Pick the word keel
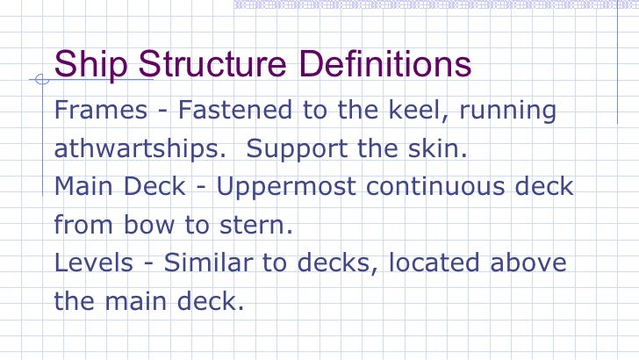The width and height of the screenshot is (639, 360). pos(406,112)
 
